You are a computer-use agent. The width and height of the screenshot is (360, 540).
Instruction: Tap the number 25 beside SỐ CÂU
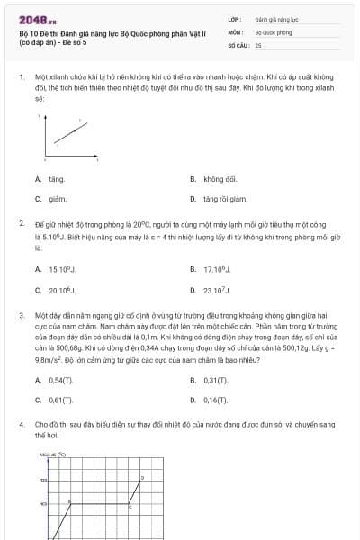(x=258, y=44)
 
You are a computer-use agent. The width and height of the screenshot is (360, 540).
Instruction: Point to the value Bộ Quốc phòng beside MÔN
(x=274, y=31)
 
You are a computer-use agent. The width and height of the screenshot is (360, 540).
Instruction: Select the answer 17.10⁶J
(x=217, y=269)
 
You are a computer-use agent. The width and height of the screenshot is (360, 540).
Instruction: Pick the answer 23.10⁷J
(x=217, y=290)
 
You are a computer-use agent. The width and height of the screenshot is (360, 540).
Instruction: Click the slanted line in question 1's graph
(x=73, y=132)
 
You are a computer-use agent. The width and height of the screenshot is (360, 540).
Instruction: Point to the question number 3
(x=21, y=317)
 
